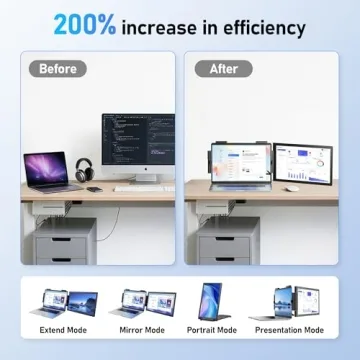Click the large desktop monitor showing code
coord(137,145)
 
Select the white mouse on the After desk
coord(290,188)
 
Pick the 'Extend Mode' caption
coord(64,329)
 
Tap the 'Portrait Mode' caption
coord(213,329)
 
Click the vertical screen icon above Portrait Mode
coord(213,298)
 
